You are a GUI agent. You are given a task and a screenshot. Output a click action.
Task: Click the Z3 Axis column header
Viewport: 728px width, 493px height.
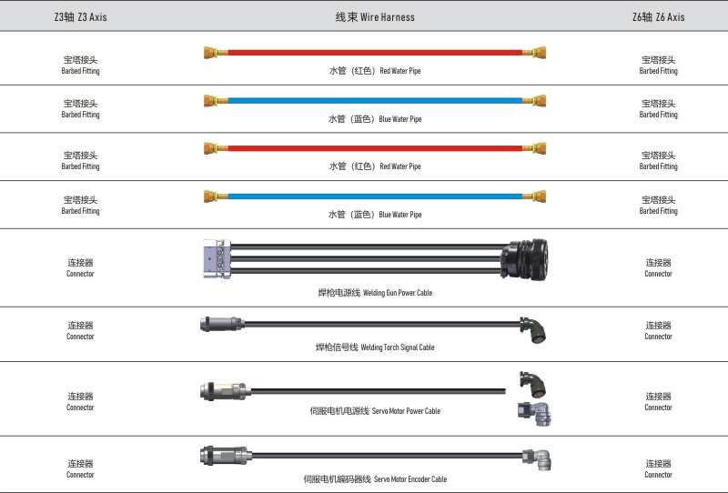click(x=80, y=17)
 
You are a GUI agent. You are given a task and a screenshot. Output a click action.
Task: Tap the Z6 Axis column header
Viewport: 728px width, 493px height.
click(x=658, y=17)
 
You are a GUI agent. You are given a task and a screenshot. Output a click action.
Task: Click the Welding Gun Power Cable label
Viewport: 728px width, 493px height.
click(x=375, y=293)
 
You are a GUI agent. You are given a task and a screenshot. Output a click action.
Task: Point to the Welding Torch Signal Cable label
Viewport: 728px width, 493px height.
click(x=375, y=347)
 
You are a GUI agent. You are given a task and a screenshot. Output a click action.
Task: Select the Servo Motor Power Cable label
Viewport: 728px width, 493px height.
click(x=375, y=411)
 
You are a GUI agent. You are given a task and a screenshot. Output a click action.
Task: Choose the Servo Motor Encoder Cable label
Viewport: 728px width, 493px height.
click(x=375, y=479)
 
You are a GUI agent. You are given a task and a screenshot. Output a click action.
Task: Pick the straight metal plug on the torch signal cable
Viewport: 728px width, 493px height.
click(x=219, y=323)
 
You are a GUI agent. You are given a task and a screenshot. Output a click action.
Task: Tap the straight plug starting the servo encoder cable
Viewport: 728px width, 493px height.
click(x=222, y=454)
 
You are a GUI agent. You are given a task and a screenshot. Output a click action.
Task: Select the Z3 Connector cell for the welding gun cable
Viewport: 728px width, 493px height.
click(x=80, y=267)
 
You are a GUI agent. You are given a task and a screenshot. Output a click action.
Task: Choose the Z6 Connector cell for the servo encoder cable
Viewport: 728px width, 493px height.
click(x=658, y=468)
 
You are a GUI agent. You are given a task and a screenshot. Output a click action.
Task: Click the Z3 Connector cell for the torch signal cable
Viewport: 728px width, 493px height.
click(x=80, y=330)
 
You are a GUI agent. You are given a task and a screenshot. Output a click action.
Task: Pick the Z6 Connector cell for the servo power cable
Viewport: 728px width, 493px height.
click(x=658, y=401)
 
